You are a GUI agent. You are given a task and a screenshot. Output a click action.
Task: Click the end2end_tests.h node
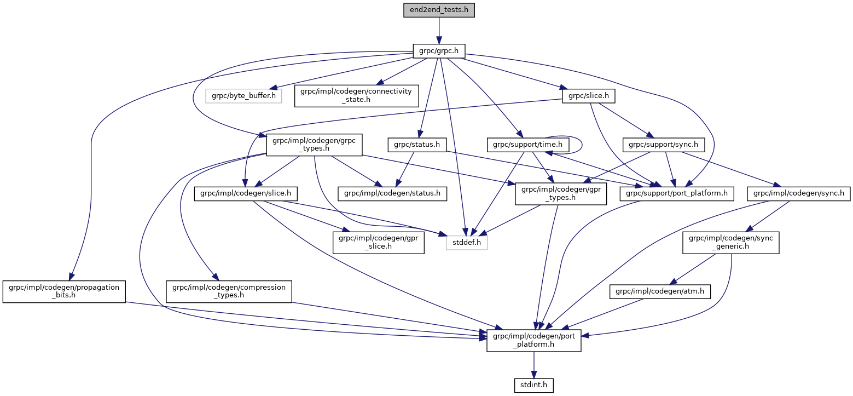(x=439, y=10)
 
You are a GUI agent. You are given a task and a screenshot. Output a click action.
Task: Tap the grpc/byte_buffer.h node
(x=243, y=96)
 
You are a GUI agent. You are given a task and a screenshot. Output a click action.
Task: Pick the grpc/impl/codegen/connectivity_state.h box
(x=356, y=95)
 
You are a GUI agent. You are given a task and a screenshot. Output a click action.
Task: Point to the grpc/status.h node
(x=417, y=145)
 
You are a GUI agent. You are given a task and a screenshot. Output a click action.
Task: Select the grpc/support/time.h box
(x=528, y=145)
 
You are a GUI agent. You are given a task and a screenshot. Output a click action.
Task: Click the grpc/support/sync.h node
(x=664, y=145)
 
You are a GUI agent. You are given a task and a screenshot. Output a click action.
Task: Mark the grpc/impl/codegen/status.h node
(x=393, y=193)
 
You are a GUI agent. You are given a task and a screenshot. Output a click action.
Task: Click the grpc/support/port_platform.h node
(x=676, y=193)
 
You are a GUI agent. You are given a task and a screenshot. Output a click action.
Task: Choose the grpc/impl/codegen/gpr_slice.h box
(x=379, y=242)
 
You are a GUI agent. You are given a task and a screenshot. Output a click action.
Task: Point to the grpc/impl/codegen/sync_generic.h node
(x=730, y=242)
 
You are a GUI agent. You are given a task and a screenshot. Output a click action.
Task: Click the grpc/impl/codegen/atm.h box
(x=660, y=292)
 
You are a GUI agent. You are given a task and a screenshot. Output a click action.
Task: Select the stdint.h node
(x=533, y=386)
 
